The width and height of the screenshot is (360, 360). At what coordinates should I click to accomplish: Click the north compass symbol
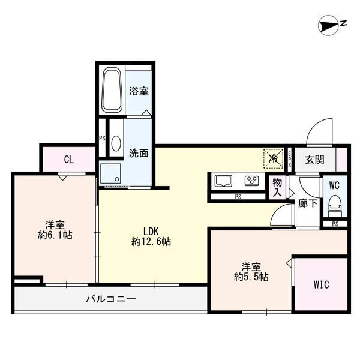click(x=328, y=25)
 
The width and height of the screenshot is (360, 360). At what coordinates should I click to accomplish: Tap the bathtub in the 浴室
click(x=112, y=89)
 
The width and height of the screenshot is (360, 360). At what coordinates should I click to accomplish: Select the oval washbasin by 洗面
click(x=116, y=143)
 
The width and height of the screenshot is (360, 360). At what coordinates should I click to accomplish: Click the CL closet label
click(x=69, y=160)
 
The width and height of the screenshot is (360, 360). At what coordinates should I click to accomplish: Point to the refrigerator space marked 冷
click(x=274, y=158)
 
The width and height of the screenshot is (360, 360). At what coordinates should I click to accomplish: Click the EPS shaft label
click(x=290, y=158)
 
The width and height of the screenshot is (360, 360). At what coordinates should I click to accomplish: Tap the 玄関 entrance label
click(x=314, y=160)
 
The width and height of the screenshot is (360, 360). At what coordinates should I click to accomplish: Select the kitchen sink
click(x=223, y=181)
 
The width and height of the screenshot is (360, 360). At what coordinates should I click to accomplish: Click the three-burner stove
click(x=252, y=180)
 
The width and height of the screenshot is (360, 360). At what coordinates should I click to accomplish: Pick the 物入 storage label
click(x=277, y=188)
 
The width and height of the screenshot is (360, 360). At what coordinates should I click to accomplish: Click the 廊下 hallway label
click(x=308, y=203)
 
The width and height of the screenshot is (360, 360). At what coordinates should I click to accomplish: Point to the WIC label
click(x=322, y=284)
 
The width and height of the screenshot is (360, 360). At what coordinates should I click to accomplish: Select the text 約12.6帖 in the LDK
click(x=151, y=242)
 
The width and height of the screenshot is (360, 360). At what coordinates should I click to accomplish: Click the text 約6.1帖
click(x=55, y=235)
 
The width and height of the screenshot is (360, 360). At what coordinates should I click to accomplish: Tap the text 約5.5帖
click(x=251, y=277)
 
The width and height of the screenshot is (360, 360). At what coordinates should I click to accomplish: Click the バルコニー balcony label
click(x=111, y=299)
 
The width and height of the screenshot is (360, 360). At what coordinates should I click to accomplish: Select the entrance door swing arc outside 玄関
click(x=319, y=133)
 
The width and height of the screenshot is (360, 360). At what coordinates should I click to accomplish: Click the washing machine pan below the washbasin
click(x=110, y=173)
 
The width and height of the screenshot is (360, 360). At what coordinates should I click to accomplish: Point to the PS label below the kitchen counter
click(x=238, y=197)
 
